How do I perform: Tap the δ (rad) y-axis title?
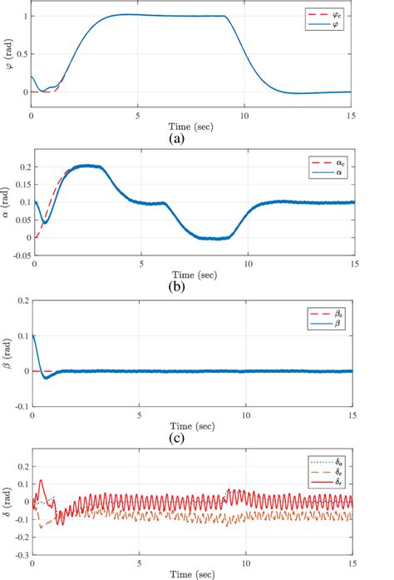point(7,502)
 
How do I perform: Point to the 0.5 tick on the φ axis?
point(21,54)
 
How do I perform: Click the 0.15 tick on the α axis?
point(19,185)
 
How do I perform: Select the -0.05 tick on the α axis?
point(17,256)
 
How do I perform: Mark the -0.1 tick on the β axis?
point(19,405)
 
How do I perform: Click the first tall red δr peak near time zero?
point(41,480)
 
